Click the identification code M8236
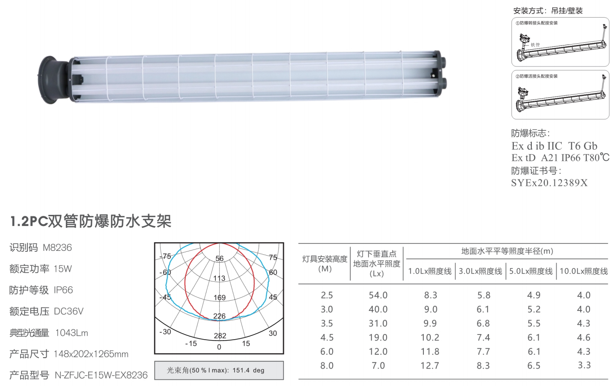[57, 247]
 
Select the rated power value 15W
[63, 269]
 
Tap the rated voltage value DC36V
[69, 311]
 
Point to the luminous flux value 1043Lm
[72, 333]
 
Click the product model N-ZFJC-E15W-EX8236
[101, 375]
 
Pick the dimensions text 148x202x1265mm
[91, 354]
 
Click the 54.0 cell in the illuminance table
[378, 295]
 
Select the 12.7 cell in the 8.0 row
[430, 365]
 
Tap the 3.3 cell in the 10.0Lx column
[584, 365]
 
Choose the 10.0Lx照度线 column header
[584, 271]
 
